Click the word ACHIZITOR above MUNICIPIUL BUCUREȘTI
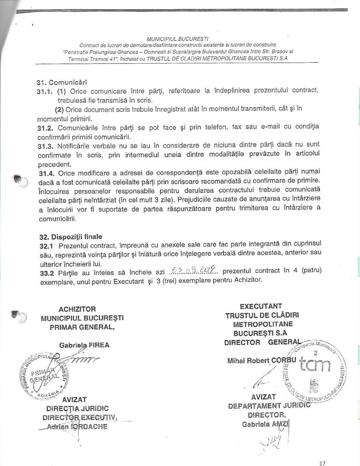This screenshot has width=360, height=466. click(x=78, y=309)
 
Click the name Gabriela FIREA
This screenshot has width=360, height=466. click(x=85, y=345)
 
